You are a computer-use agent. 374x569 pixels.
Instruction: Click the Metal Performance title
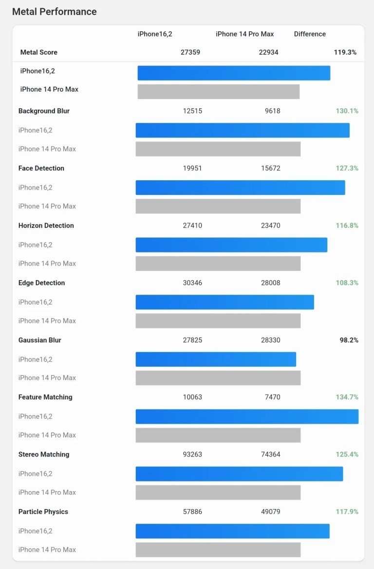click(54, 12)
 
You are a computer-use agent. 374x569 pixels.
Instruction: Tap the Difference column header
click(310, 34)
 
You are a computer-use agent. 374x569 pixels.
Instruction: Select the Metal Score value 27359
click(190, 52)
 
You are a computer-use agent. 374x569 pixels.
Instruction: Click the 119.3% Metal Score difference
click(345, 52)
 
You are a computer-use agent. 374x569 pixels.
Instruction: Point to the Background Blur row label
click(44, 111)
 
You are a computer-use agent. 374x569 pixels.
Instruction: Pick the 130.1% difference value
click(347, 111)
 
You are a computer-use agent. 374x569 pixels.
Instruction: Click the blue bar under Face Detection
click(240, 188)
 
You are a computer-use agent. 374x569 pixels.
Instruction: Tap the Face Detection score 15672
click(270, 169)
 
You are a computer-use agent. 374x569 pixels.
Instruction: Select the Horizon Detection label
click(46, 226)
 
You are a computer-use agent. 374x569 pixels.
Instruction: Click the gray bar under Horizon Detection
click(218, 264)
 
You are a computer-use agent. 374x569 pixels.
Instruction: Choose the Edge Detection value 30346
click(192, 283)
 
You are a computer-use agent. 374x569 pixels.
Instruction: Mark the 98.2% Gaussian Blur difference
click(349, 340)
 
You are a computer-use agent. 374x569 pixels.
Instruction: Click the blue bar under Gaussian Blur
click(216, 360)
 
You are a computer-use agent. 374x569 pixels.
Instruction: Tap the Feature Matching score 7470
click(272, 398)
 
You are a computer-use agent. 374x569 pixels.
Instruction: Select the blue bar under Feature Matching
click(247, 417)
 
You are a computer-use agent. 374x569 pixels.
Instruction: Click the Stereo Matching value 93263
click(192, 455)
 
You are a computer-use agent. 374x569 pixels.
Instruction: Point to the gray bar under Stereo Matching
click(218, 493)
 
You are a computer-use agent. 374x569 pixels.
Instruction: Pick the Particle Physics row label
click(43, 512)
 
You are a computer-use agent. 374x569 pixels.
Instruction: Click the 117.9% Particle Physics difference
click(347, 512)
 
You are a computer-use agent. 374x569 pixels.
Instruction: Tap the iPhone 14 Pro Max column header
click(244, 34)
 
